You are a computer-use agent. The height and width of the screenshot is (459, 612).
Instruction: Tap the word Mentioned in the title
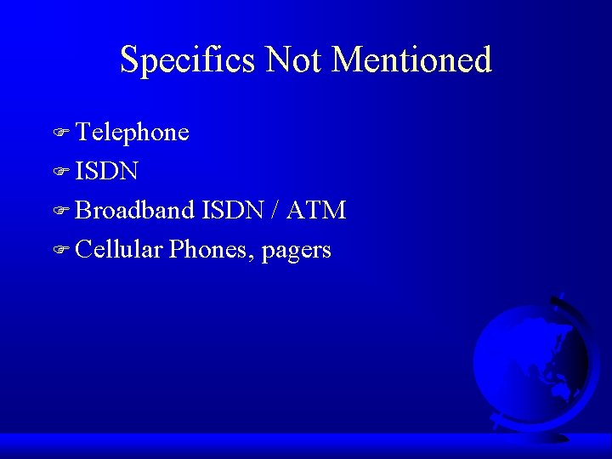[412, 60]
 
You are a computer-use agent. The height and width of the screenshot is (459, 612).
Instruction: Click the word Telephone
[132, 133]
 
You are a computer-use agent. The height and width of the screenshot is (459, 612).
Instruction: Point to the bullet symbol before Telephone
[59, 133]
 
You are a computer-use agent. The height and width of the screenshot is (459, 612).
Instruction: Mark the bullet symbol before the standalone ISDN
[59, 173]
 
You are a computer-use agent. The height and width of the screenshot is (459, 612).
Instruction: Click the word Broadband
[135, 210]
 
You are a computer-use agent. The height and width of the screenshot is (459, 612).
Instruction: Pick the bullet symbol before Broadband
[59, 212]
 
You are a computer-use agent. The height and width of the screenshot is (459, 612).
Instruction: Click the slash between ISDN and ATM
[276, 210]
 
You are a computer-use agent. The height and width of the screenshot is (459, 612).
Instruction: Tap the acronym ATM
[316, 210]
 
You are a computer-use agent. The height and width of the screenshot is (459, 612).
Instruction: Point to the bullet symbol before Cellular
[59, 251]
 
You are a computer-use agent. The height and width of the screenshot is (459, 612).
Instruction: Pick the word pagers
[297, 251]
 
